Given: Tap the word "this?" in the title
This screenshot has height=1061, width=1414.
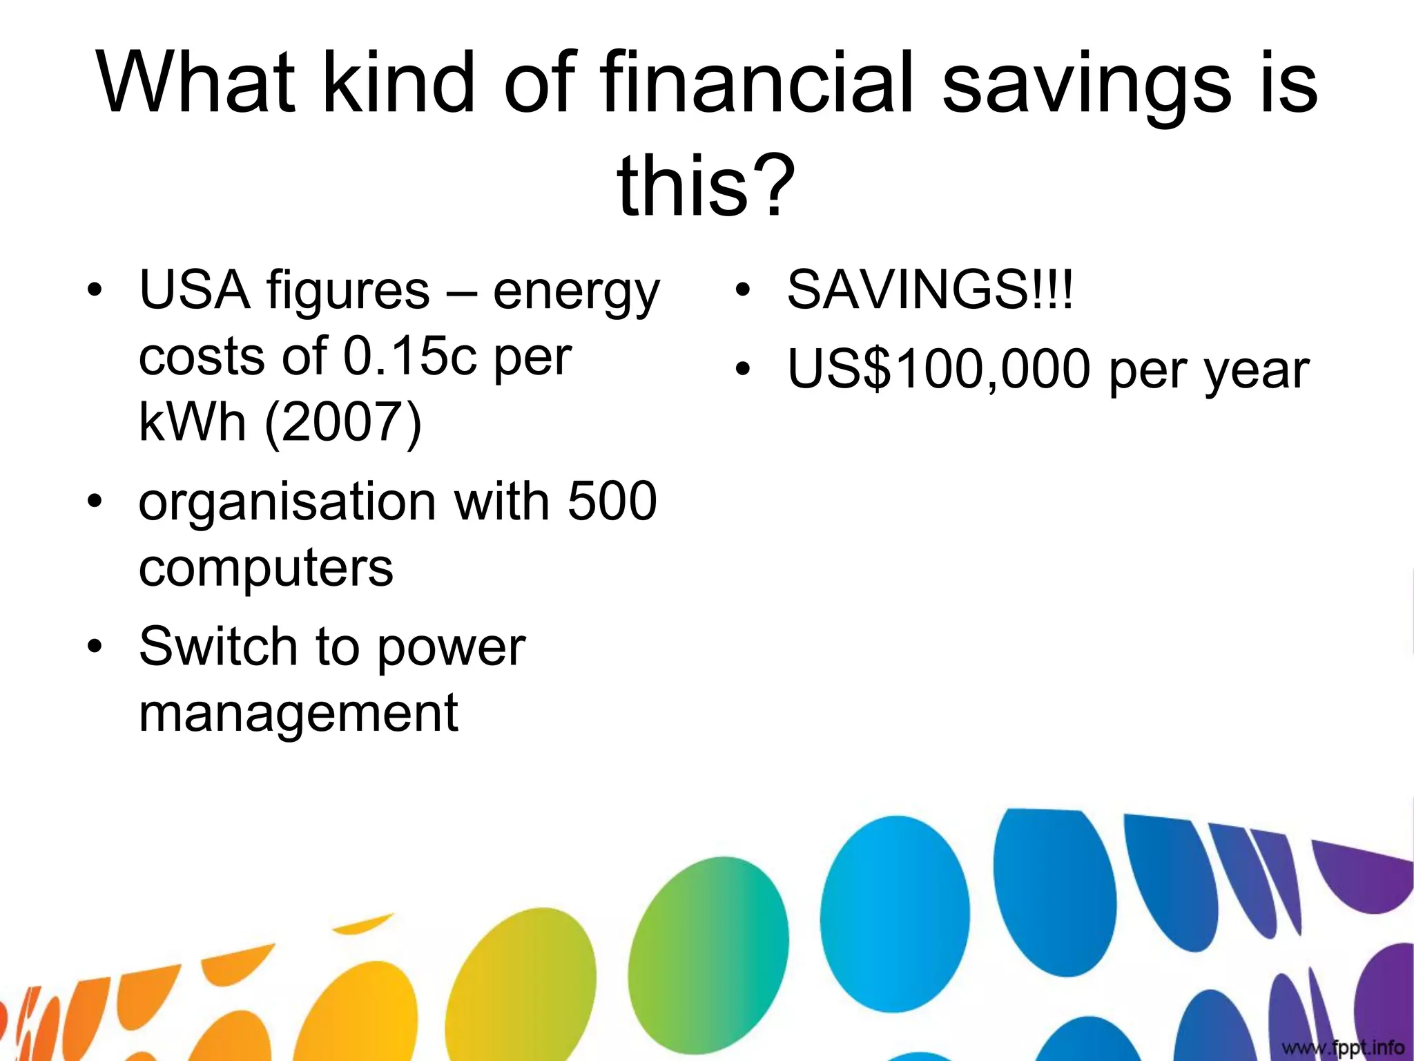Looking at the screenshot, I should [x=706, y=185].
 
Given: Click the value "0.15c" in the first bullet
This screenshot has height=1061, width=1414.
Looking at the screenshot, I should [x=410, y=356].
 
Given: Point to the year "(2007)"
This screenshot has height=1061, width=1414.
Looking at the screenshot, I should [x=343, y=422].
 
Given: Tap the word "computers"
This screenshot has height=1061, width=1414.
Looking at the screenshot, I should [x=266, y=568].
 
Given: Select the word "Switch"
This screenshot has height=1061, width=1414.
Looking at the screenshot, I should [x=218, y=647].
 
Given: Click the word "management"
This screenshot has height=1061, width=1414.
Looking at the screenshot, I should [x=298, y=713].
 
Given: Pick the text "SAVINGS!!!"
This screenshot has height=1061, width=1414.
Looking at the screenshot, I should [x=930, y=290].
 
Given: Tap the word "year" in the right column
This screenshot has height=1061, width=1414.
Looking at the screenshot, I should [x=1257, y=372].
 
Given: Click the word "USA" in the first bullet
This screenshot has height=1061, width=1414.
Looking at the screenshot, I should [x=195, y=290].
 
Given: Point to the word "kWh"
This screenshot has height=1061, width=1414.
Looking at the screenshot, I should [x=193, y=422].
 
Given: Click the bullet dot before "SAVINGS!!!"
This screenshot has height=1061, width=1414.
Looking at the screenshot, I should [x=742, y=291].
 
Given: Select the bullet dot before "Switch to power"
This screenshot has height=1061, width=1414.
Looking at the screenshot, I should [x=95, y=647].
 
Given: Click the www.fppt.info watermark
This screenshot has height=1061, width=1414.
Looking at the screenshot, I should [x=1342, y=1047].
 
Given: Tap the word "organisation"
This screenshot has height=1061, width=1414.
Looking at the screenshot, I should [x=287, y=503].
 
